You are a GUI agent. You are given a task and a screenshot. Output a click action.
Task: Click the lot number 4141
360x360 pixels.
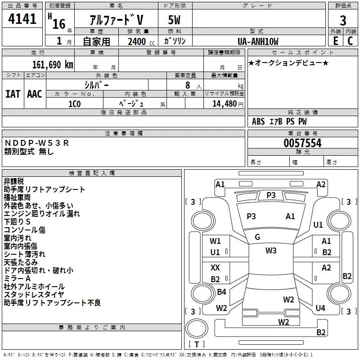22,18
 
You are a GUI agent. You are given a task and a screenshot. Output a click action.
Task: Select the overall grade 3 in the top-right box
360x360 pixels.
343,20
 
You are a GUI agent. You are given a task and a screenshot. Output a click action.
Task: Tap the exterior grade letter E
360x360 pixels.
336,41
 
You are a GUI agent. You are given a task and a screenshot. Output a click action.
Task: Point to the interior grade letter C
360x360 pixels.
350,41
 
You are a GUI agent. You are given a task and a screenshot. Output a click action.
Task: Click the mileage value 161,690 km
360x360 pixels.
53,65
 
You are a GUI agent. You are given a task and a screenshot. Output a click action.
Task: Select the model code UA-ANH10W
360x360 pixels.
258,41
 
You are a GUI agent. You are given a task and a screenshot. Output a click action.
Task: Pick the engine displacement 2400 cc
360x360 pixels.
141,41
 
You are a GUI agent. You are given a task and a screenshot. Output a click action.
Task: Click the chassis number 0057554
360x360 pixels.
302,143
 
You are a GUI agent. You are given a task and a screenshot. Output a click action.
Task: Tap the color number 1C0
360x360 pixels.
75,104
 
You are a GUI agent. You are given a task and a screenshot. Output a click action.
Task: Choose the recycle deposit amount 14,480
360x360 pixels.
225,104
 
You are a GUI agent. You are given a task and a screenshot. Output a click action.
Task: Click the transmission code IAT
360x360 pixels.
13,94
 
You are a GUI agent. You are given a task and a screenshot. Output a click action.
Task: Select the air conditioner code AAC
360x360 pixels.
35,94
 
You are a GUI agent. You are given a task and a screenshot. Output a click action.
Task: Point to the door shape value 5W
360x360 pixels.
174,20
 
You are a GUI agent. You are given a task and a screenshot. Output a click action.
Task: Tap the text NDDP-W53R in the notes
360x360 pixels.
37,143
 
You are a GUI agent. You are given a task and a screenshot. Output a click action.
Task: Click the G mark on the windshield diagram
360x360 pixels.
257,237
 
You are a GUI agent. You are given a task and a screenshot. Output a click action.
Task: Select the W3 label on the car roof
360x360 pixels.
271,250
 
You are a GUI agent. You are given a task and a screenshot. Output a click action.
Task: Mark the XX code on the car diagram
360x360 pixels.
215,267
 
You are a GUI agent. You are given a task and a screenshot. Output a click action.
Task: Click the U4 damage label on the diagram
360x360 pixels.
320,308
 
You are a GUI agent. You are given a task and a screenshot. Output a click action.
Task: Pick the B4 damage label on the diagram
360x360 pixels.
221,292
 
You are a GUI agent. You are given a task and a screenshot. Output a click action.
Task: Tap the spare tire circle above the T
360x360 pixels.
197,328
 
